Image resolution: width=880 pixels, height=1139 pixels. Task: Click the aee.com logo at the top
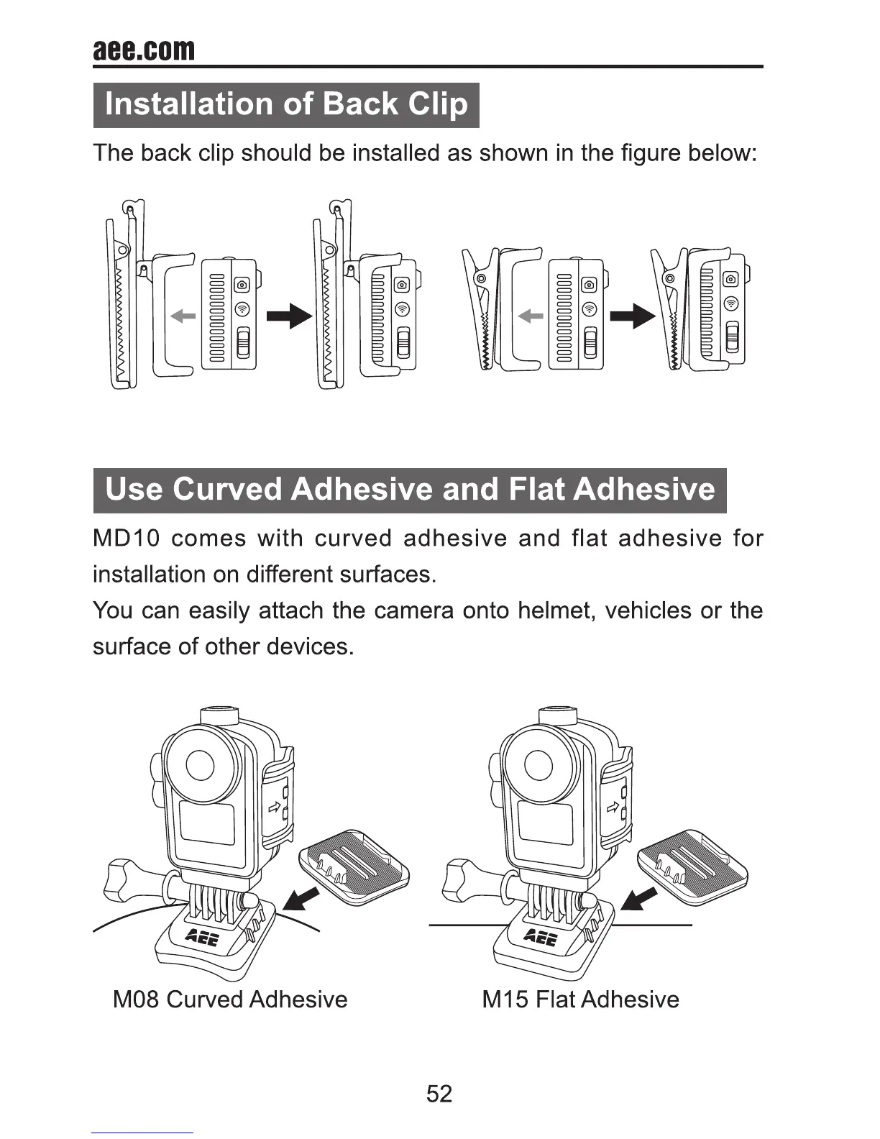click(x=144, y=50)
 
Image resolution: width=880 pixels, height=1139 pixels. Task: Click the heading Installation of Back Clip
click(x=286, y=105)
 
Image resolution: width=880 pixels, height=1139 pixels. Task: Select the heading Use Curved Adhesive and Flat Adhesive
click(x=410, y=490)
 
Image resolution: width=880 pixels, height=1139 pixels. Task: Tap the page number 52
click(x=439, y=1094)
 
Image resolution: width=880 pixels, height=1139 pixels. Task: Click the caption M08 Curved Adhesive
click(x=230, y=1000)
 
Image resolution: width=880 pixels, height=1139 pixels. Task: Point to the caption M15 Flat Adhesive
click(x=580, y=1000)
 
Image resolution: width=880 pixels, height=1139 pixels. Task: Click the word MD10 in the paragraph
click(x=127, y=539)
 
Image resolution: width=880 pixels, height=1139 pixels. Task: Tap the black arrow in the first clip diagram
click(x=289, y=316)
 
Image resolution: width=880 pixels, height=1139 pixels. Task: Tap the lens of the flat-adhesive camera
click(x=538, y=765)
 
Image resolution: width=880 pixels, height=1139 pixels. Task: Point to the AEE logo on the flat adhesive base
click(x=541, y=937)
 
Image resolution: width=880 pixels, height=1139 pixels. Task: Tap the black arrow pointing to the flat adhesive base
click(x=638, y=899)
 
